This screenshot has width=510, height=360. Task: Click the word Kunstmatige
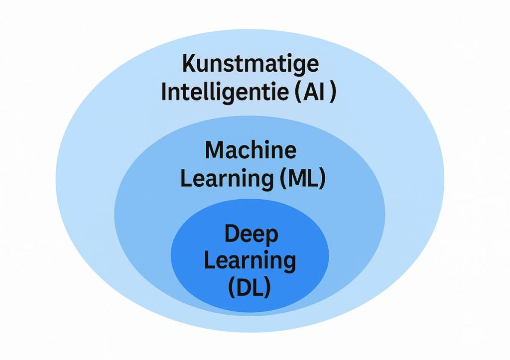pos(250,65)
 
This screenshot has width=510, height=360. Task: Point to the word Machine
pos(251,150)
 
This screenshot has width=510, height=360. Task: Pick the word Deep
pos(251,234)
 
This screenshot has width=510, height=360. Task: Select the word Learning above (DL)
pos(250,261)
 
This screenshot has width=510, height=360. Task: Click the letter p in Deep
pos(270,236)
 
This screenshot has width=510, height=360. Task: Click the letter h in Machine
pos(262,150)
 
